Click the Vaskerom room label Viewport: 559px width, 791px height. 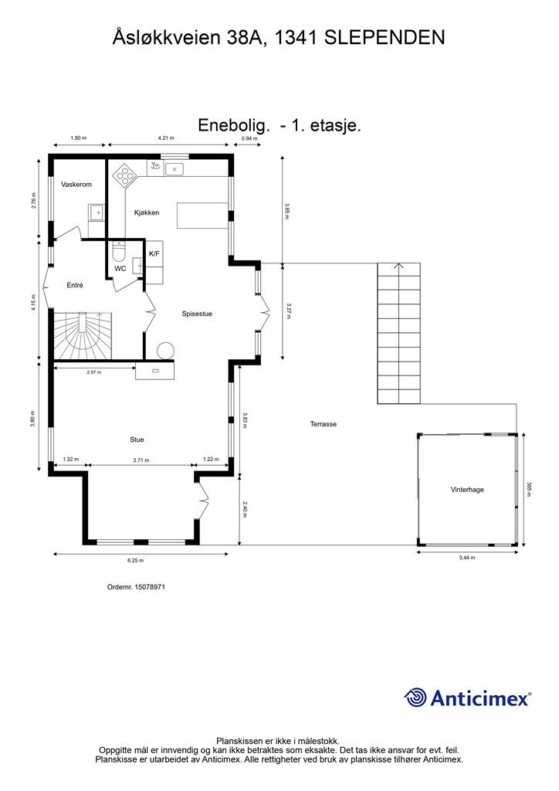(76, 185)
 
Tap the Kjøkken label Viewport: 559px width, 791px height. (147, 213)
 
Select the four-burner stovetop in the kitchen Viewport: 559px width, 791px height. (124, 176)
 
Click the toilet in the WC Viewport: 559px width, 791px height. (118, 251)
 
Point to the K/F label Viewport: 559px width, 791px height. (154, 253)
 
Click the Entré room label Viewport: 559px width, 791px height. (75, 286)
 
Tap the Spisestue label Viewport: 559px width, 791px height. (197, 314)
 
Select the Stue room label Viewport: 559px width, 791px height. (137, 440)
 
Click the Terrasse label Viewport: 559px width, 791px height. (323, 424)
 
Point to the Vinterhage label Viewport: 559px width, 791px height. (467, 489)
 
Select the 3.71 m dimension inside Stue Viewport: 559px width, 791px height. (141, 460)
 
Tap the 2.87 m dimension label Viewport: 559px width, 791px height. (93, 372)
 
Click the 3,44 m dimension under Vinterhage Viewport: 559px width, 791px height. (467, 558)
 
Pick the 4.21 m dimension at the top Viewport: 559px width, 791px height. (166, 137)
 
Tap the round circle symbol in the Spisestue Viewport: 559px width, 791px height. (165, 351)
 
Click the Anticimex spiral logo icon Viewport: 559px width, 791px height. (415, 698)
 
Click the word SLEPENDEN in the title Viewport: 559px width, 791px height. (384, 38)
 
